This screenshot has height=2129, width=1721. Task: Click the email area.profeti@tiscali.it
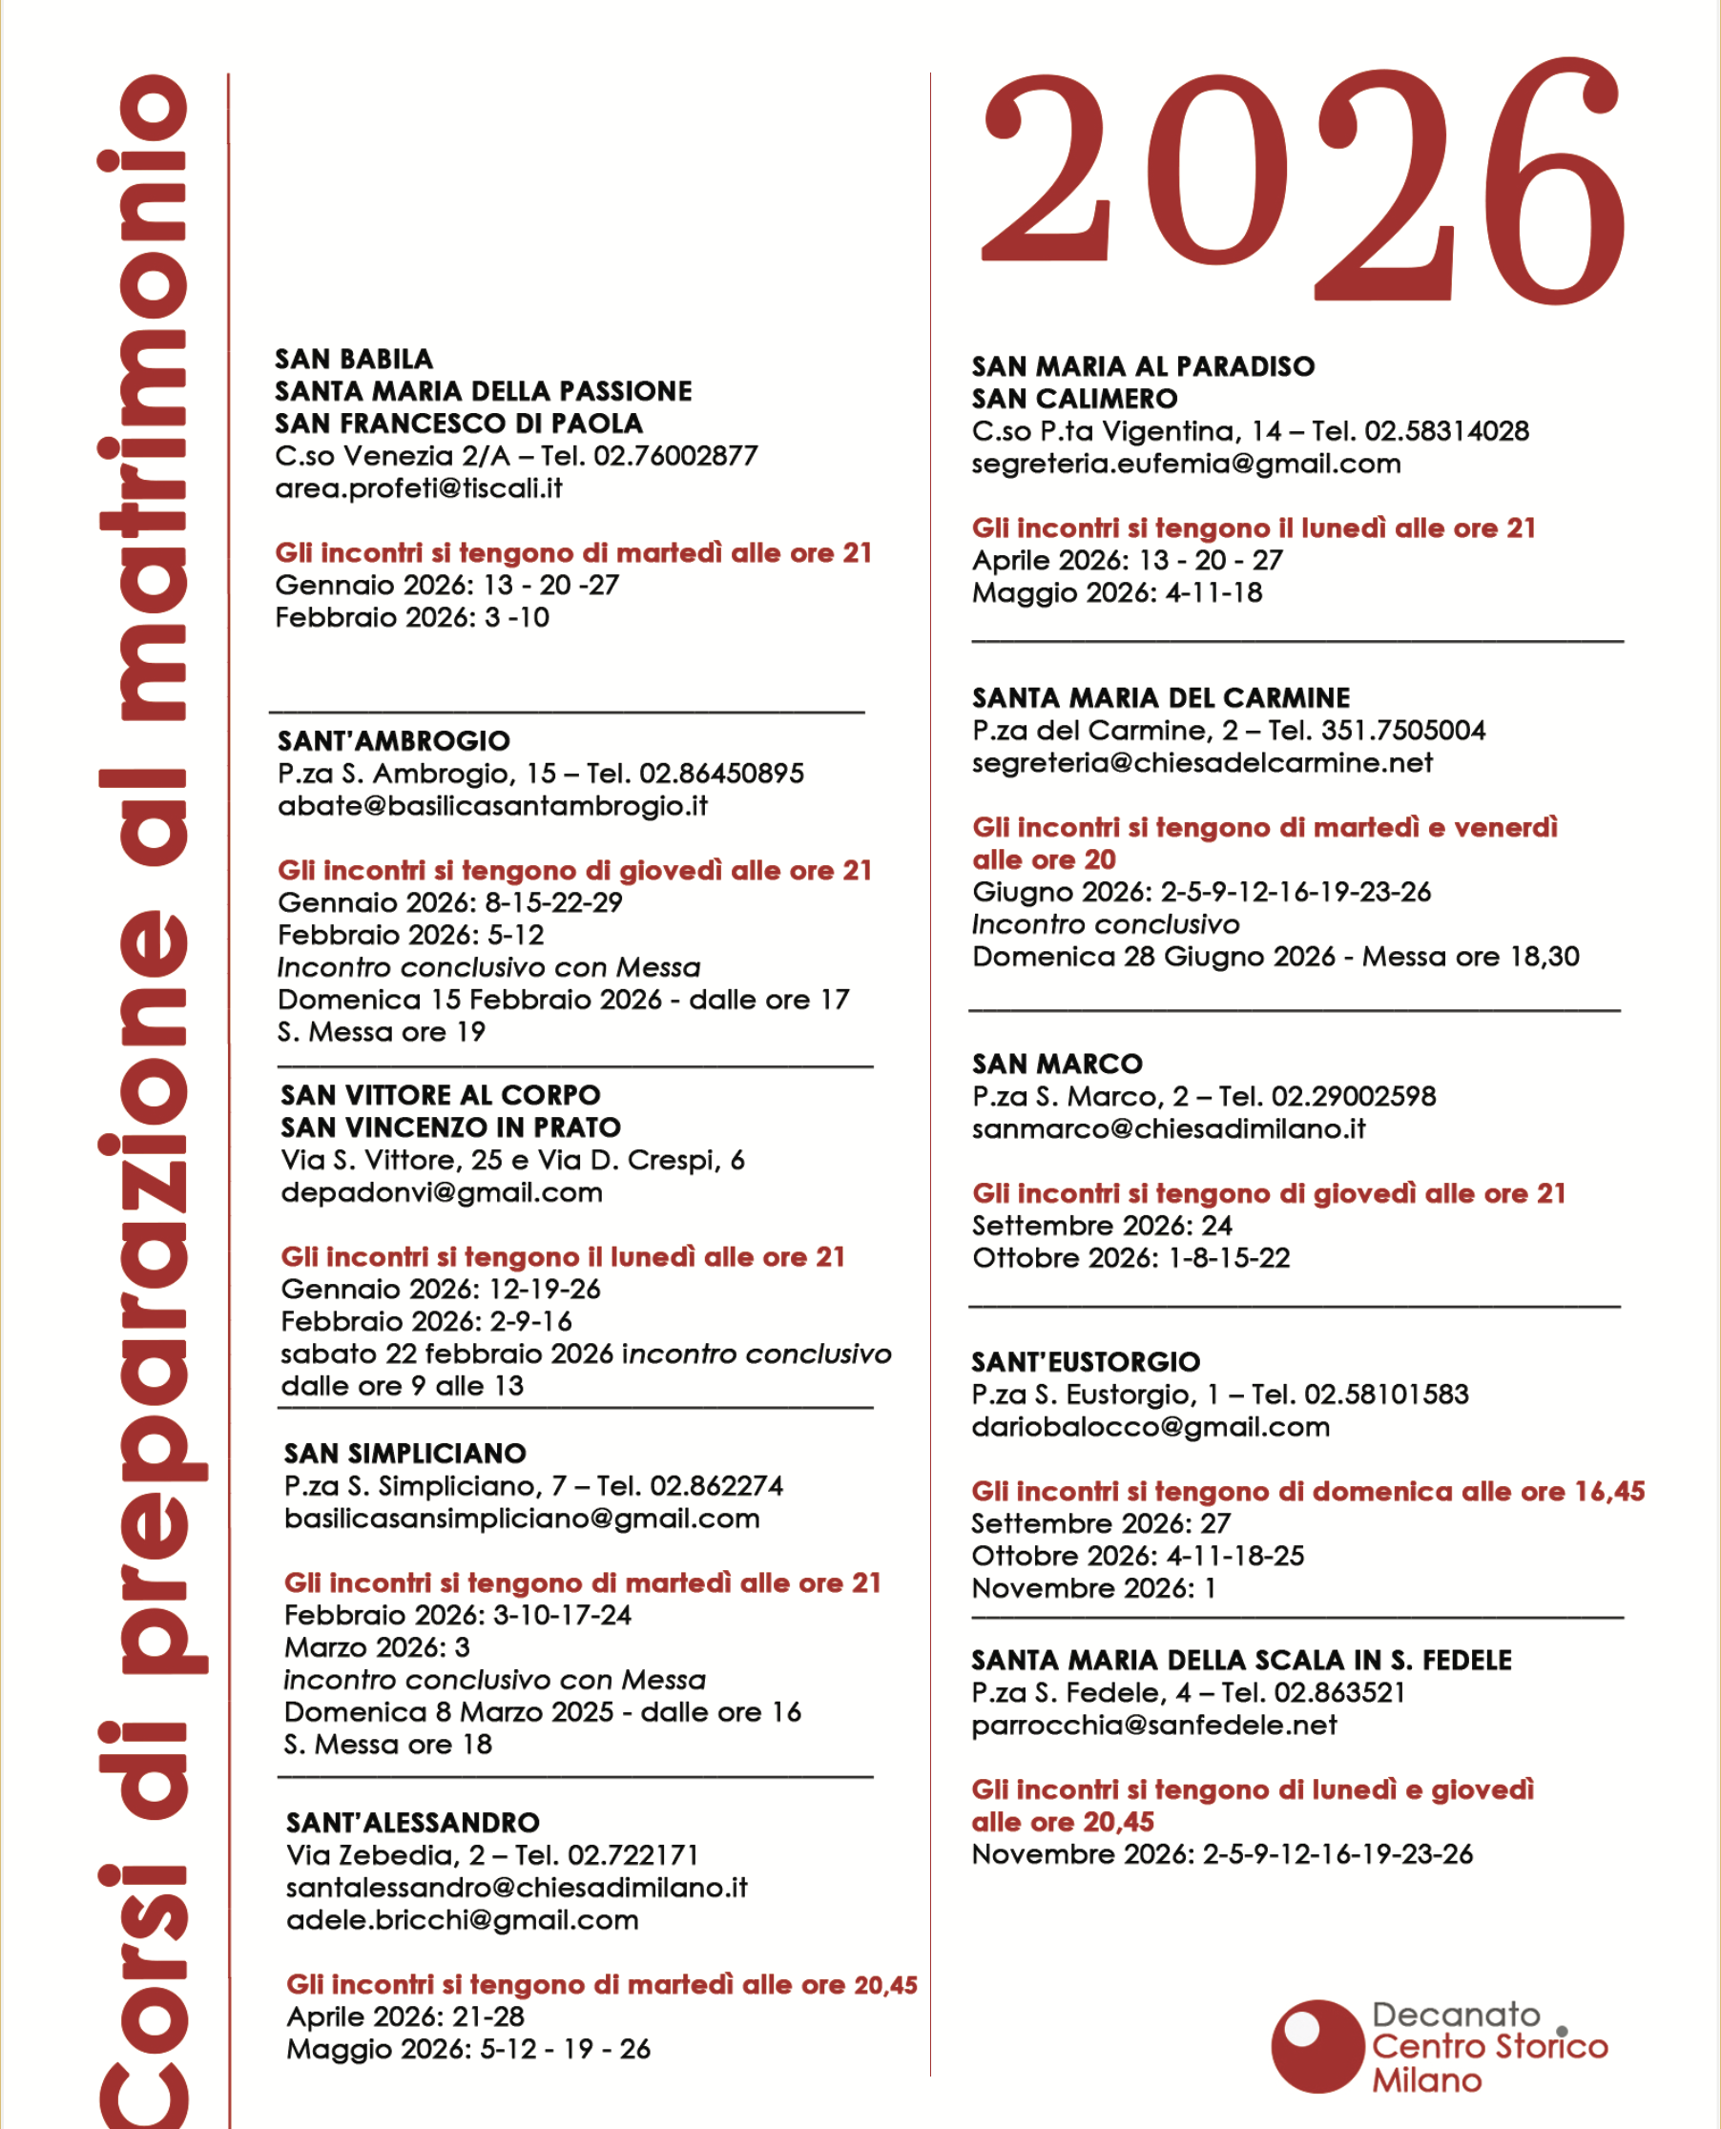(419, 488)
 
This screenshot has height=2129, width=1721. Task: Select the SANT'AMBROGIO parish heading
(394, 741)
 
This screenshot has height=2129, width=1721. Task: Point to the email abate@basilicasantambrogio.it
(492, 806)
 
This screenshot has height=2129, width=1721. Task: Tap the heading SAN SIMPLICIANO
(404, 1454)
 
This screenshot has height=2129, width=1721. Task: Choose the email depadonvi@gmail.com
(441, 1192)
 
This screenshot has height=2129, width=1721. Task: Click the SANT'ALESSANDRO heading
(412, 1823)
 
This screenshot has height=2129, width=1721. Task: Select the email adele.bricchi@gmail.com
(462, 1920)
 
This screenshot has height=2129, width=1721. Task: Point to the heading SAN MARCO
(1057, 1064)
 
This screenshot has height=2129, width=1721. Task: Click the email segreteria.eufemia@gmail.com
(1186, 464)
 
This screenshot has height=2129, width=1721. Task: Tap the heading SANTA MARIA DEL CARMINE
(1161, 699)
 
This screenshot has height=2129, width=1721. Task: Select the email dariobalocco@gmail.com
(1150, 1427)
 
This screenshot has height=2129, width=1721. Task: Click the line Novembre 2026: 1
(1093, 1589)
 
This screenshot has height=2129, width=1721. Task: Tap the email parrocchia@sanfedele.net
(1154, 1726)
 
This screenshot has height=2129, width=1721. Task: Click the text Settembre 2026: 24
(1102, 1226)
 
